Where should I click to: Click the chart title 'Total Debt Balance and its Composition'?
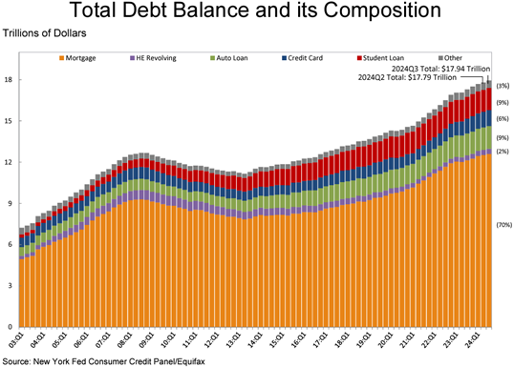coord(257,12)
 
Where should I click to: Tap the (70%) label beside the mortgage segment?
coord(503,224)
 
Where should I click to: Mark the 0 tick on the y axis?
coord(9,326)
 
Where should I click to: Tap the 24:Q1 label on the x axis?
coord(474,340)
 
